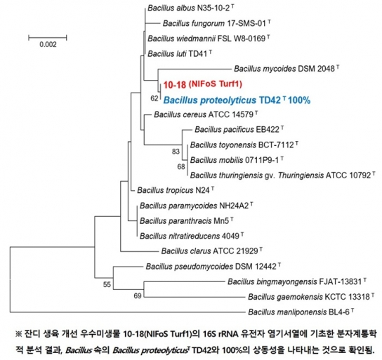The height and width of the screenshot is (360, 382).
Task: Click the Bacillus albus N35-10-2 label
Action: click(x=191, y=8)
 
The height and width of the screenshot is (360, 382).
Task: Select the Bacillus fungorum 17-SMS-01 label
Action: click(x=217, y=23)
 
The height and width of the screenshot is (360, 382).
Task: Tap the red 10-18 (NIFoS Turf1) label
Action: click(x=203, y=84)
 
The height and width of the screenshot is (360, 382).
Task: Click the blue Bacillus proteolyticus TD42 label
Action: click(x=237, y=100)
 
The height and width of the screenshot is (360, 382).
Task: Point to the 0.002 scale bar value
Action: click(x=48, y=44)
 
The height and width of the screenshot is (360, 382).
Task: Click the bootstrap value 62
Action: click(x=154, y=98)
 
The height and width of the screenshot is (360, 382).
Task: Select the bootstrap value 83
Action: click(x=176, y=152)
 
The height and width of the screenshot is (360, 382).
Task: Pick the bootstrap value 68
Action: click(x=181, y=167)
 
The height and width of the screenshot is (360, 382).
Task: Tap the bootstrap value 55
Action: click(x=107, y=284)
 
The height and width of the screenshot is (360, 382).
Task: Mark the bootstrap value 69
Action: click(x=138, y=295)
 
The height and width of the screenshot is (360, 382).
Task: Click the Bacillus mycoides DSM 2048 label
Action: click(x=286, y=69)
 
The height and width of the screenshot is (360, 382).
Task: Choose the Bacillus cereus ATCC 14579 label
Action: click(x=206, y=114)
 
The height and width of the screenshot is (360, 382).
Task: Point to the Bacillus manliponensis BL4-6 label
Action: click(x=301, y=312)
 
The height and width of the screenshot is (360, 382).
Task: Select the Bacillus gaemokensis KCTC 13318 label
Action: click(x=311, y=297)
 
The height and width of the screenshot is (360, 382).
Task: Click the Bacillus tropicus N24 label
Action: click(x=176, y=190)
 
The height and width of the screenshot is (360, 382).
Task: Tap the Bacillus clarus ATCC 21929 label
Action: click(x=211, y=251)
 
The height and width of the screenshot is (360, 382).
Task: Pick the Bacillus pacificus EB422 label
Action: click(x=239, y=130)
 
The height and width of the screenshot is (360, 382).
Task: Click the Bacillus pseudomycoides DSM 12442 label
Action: click(x=213, y=266)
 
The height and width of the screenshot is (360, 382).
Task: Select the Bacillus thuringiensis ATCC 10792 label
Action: click(x=283, y=175)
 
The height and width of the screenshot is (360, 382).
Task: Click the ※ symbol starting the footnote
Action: click(x=19, y=334)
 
